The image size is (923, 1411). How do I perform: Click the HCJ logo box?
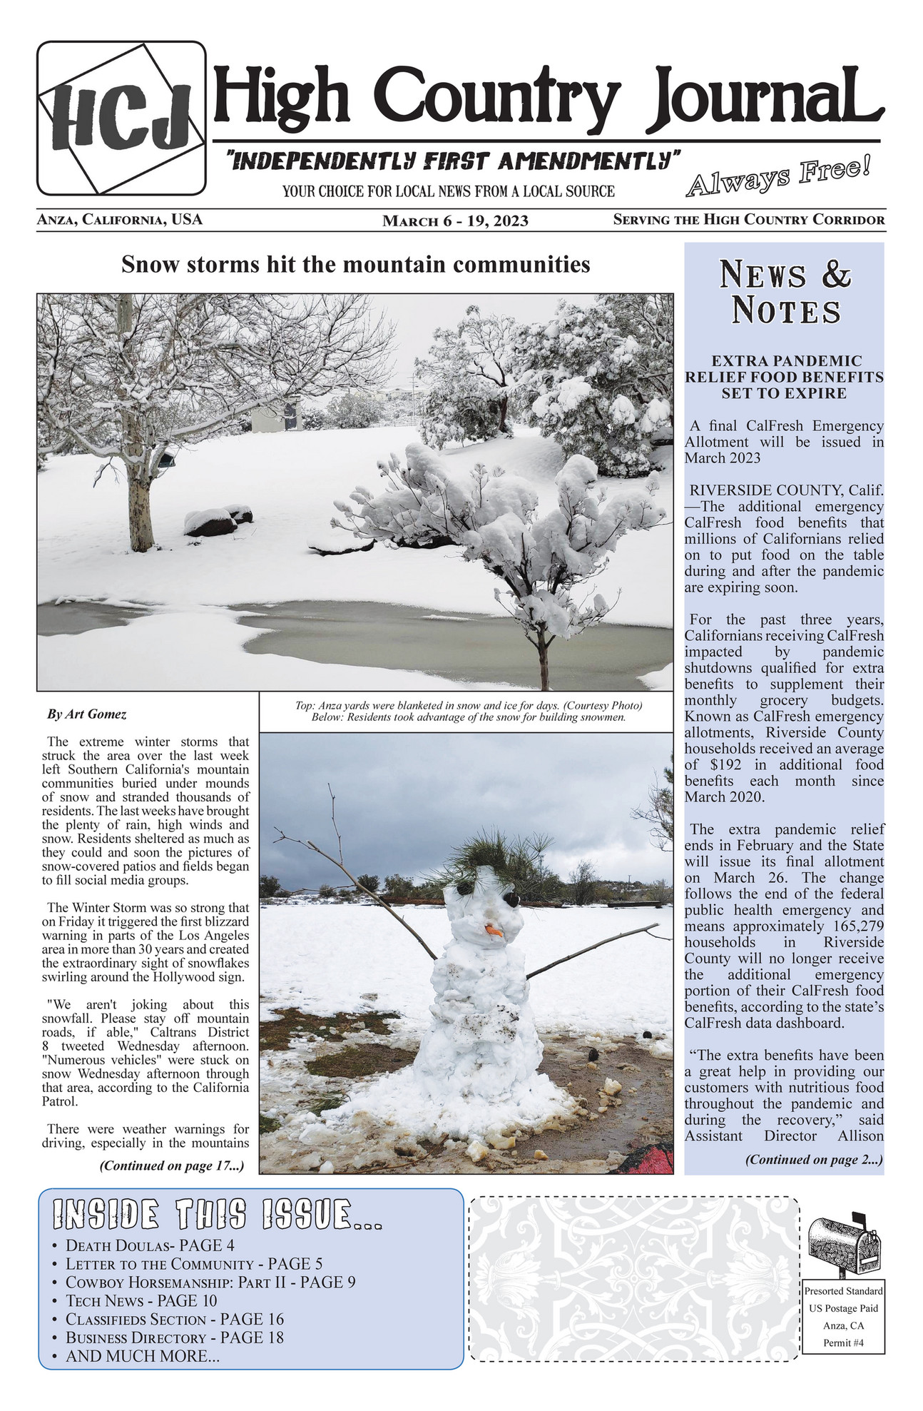121,118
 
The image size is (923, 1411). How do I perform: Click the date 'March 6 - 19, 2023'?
455,221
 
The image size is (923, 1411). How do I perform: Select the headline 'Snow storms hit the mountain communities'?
355,265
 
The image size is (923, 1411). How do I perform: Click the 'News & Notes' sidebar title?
785,293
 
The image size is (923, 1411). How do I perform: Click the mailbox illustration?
844,1244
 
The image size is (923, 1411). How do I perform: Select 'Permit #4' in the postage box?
844,1342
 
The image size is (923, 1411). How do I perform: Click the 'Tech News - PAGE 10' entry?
141,1301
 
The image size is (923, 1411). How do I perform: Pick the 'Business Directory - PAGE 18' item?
174,1337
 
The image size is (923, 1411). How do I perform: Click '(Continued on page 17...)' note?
172,1166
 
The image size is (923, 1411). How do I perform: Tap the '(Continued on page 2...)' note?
814,1159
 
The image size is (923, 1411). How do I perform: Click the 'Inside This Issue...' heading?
218,1214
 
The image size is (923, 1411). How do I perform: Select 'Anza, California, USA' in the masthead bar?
120,220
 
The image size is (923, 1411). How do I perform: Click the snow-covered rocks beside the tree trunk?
217,520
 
